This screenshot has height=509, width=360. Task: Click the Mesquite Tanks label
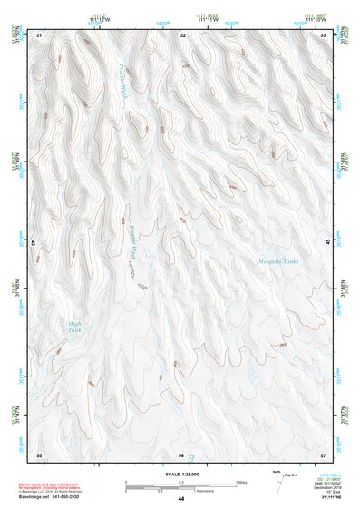pyautogui.click(x=278, y=261)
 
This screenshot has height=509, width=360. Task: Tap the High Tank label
pyautogui.click(x=74, y=327)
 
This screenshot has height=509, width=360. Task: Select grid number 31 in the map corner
pyautogui.click(x=40, y=35)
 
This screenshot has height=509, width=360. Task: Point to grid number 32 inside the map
pyautogui.click(x=183, y=35)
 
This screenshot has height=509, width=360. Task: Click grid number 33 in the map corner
pyautogui.click(x=324, y=35)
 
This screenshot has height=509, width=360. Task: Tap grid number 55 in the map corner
pyautogui.click(x=39, y=454)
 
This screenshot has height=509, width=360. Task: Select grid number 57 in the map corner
pyautogui.click(x=324, y=454)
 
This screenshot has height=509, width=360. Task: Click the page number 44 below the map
pyautogui.click(x=181, y=499)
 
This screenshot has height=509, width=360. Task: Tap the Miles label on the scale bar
pyautogui.click(x=239, y=483)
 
